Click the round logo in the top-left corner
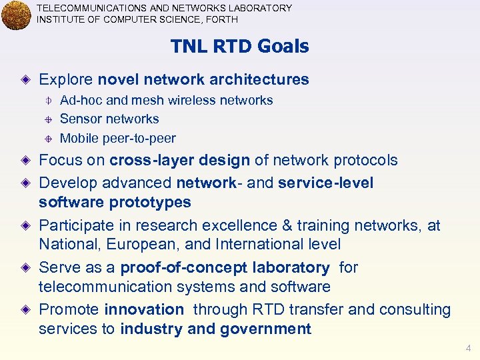pos(16,15)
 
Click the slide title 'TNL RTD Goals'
pos(239,47)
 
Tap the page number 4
pos(468,348)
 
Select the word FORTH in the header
pos(223,19)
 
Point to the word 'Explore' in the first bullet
pos(66,80)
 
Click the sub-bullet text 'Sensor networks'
pos(109,119)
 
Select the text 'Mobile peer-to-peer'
pos(117,139)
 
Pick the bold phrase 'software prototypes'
pos(115,202)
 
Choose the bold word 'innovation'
pos(144,310)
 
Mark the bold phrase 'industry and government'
pos(215,329)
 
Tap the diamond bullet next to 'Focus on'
pos(25,161)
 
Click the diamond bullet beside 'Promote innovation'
pos(25,310)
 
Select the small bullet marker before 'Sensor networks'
pos(48,119)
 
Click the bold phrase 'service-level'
pos(326,183)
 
